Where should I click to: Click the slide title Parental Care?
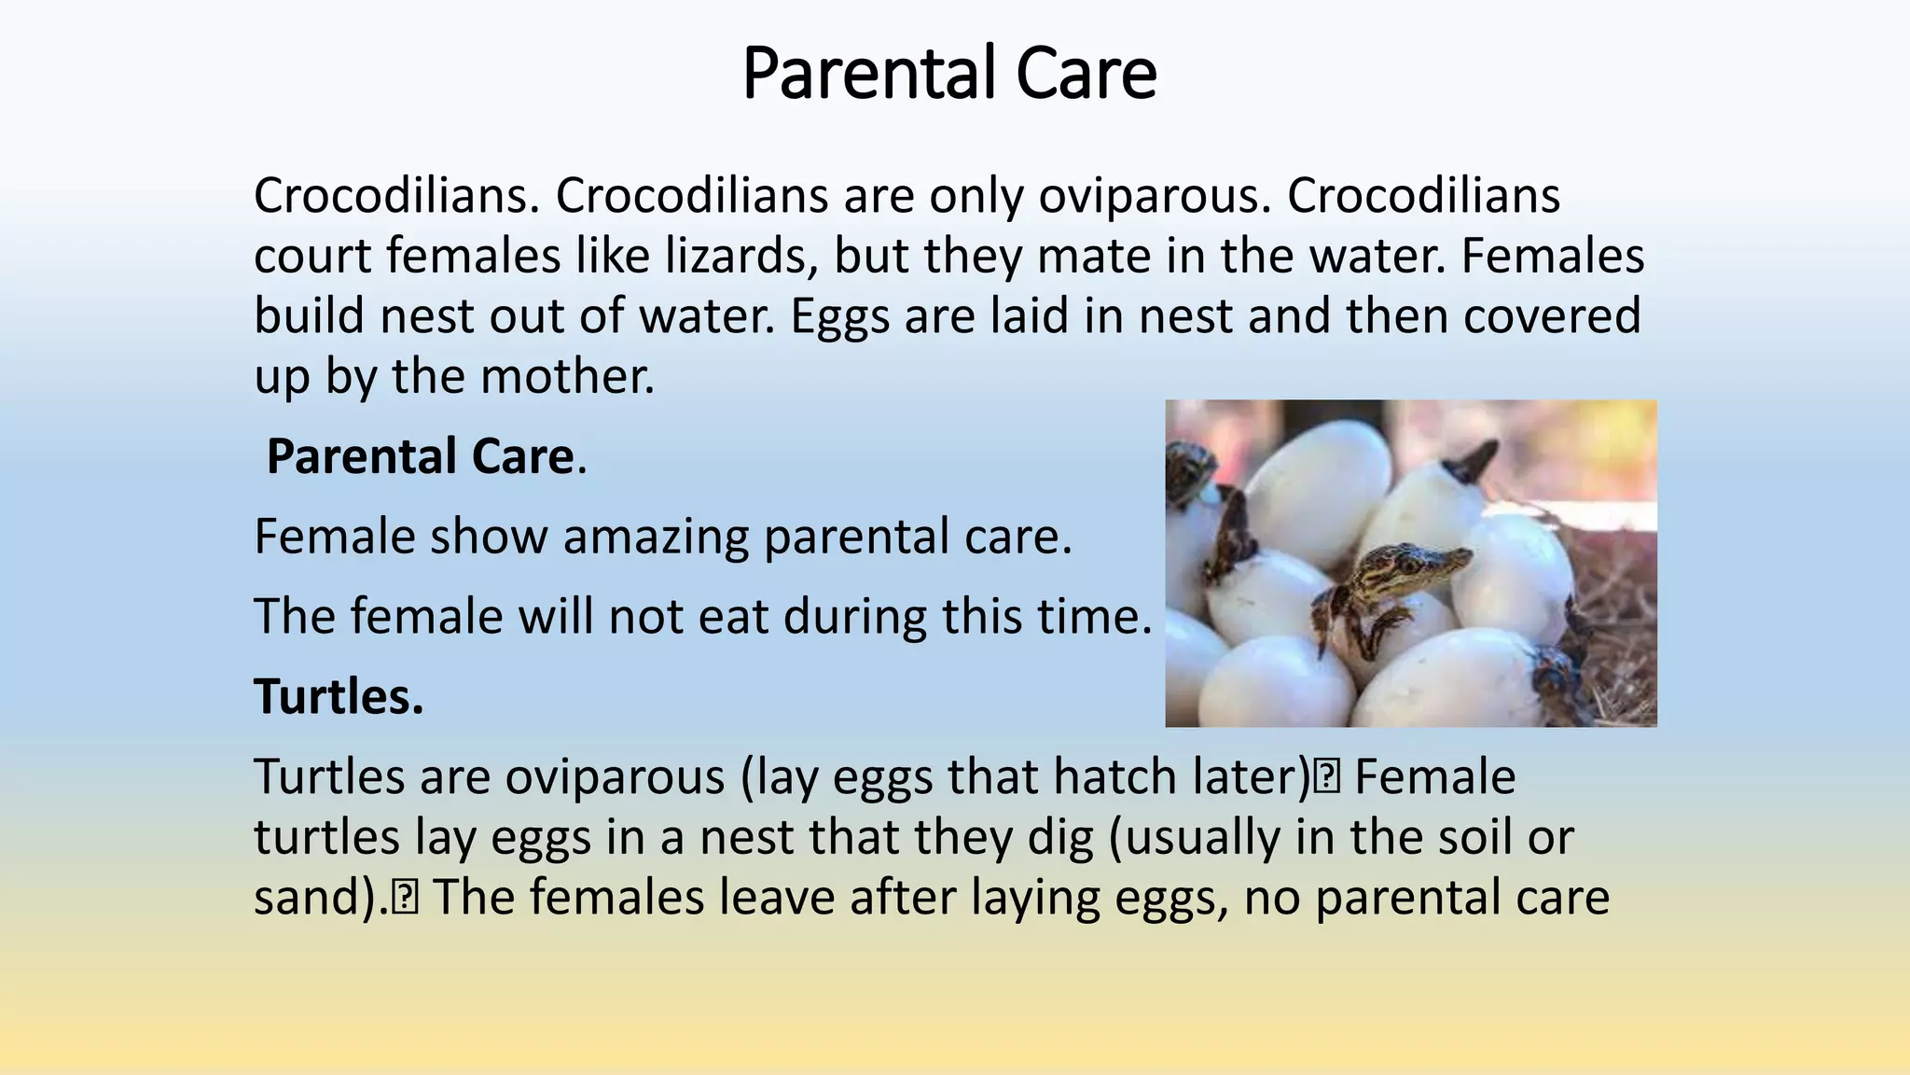point(949,75)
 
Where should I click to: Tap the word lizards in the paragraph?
point(741,257)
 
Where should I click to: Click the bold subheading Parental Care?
point(420,457)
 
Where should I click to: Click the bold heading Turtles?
point(339,697)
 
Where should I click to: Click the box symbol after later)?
point(1327,777)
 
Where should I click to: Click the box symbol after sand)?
point(406,898)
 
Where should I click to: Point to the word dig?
point(1059,838)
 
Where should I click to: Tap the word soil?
point(1472,838)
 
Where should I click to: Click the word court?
point(312,257)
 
